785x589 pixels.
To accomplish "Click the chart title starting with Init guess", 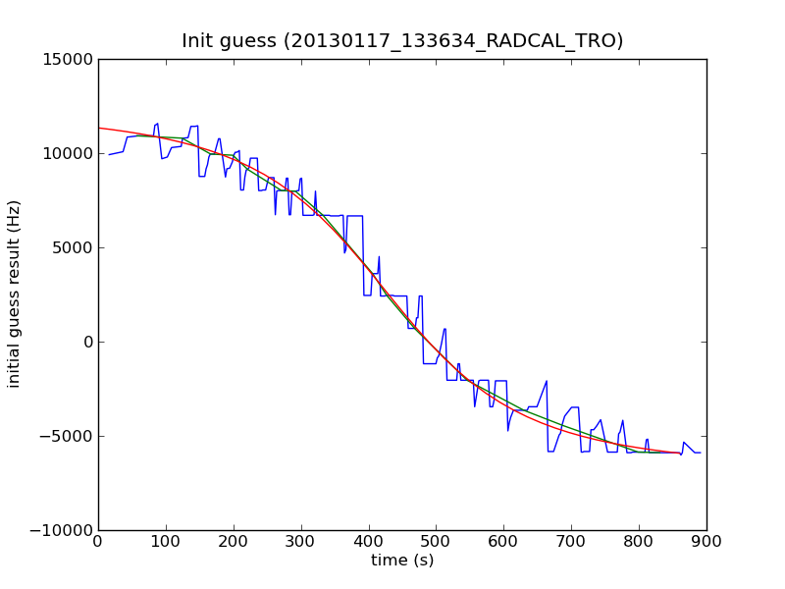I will [402, 41].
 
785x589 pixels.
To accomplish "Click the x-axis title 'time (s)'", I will [402, 561].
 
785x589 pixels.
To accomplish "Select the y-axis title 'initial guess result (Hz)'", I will [15, 294].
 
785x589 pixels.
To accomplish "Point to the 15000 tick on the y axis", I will [69, 59].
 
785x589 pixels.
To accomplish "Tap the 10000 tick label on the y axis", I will [69, 153].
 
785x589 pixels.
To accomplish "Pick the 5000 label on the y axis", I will [74, 247].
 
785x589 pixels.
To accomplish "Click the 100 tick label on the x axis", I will [166, 541].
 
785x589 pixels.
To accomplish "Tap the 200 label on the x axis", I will [234, 541].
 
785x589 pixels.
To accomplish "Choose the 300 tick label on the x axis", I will [301, 541].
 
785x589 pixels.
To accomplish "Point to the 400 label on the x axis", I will [369, 541].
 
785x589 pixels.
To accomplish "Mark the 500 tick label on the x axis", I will [436, 541].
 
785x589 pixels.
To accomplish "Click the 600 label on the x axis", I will [503, 541].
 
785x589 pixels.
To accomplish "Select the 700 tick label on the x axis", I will [571, 541].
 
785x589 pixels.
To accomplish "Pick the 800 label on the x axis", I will [639, 541].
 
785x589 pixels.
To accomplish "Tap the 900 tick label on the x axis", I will [706, 541].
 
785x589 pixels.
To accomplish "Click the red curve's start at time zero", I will [99, 128].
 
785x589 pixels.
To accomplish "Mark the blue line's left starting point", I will [109, 154].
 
